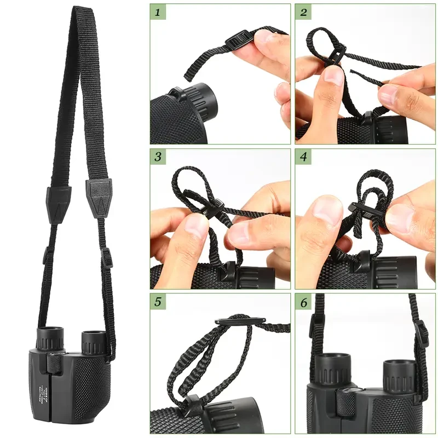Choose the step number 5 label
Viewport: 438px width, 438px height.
click(158, 302)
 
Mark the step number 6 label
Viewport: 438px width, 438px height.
click(304, 302)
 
